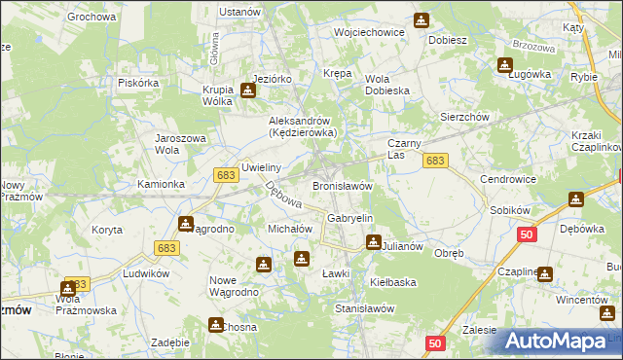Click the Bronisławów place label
pos(343,185)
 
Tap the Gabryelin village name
pos(350,218)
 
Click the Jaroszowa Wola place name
pos(181,144)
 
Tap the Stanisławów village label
pos(364,307)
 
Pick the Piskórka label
pos(138,83)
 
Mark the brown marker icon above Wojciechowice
pos(421,19)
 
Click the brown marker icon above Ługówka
pos(505,65)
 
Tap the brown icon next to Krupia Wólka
pos(248,91)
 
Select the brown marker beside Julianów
pos(372,242)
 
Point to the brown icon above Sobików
pos(576,199)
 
